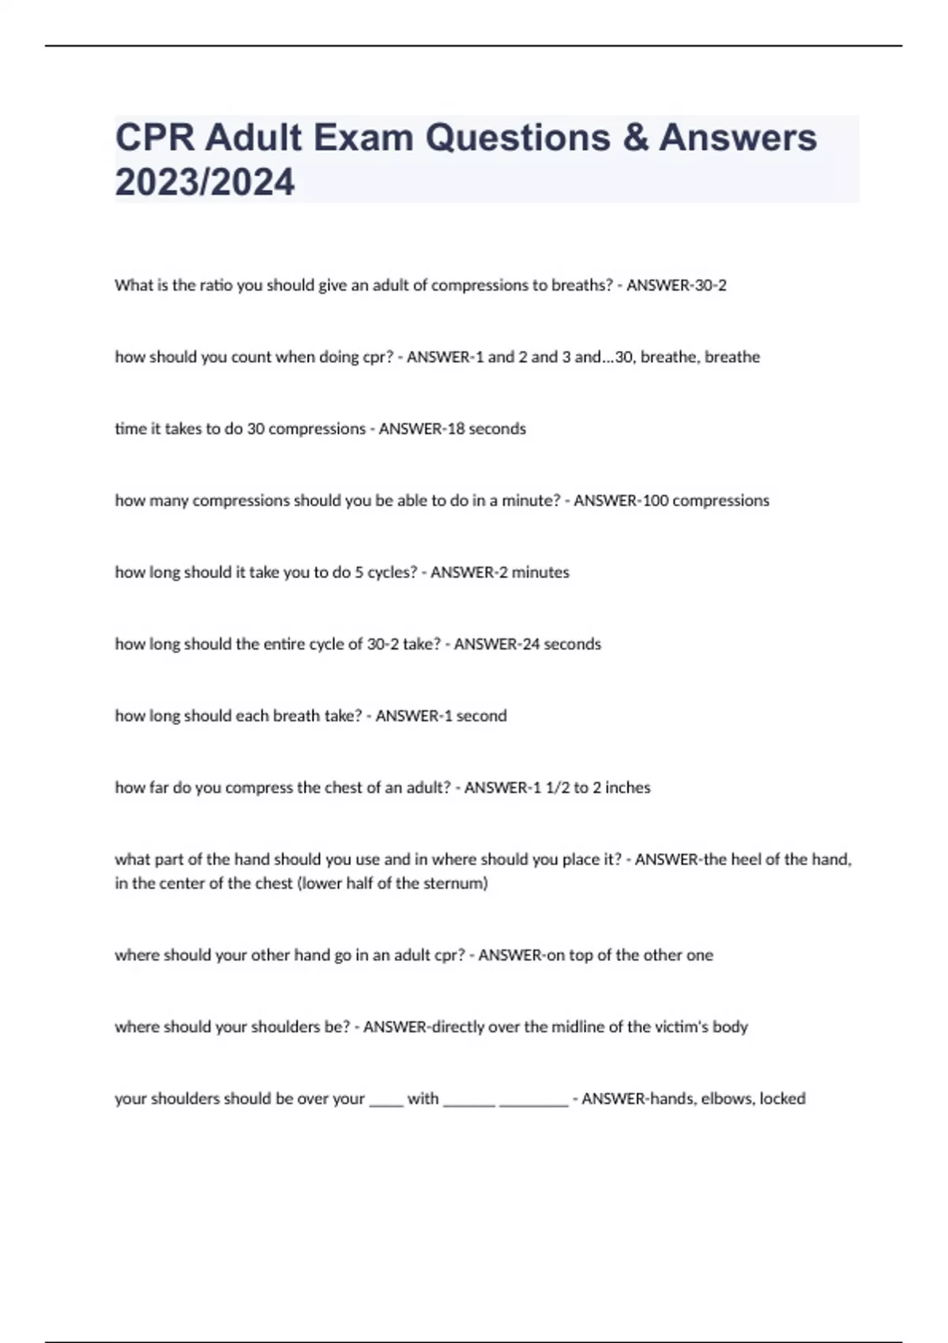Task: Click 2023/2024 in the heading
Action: point(205,182)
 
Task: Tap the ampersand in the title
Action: point(634,137)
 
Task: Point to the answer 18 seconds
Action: point(486,429)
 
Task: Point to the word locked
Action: point(782,1099)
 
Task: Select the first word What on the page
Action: point(133,285)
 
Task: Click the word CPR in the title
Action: point(154,137)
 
